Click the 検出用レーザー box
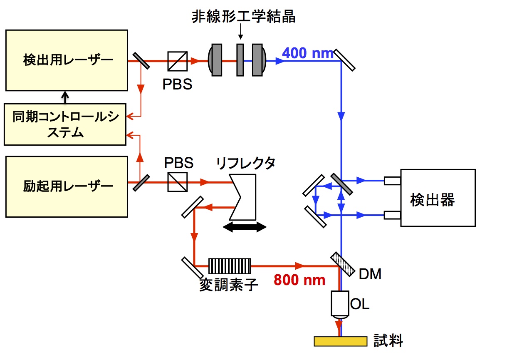(66, 60)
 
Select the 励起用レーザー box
(66, 186)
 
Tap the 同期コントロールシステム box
(65, 124)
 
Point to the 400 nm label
(307, 53)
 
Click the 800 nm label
(299, 280)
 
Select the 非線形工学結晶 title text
(243, 17)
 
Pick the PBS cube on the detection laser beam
(178, 61)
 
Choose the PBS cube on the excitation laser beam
(178, 182)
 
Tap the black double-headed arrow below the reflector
(245, 227)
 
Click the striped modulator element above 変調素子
(230, 266)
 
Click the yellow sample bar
(340, 341)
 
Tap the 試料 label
(388, 341)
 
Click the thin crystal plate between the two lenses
(240, 60)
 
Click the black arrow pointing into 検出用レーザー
(64, 97)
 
